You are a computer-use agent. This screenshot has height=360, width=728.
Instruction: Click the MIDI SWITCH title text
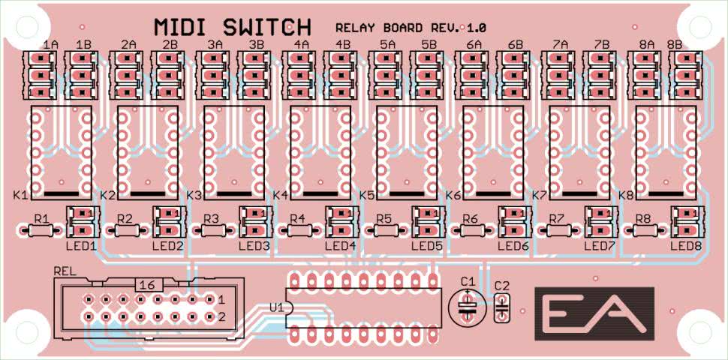pos(232,27)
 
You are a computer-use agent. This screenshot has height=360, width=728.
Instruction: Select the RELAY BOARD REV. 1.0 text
pos(411,28)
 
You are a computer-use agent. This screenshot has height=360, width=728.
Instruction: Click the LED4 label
pos(340,245)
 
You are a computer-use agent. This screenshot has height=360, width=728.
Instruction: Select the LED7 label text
pos(599,245)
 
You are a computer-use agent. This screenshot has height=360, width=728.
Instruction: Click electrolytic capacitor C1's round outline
pos(468,305)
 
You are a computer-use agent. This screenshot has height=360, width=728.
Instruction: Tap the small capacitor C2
pos(502,306)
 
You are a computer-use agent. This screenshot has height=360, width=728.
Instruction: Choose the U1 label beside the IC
pos(275,307)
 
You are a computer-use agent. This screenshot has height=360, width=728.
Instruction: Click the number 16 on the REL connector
pos(148,285)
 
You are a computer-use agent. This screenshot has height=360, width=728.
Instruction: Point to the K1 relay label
pos(20,196)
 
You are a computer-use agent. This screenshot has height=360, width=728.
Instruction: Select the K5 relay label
pos(367,196)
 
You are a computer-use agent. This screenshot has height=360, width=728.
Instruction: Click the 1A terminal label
pos(50,44)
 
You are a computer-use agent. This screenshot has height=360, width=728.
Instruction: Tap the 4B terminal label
pos(343,44)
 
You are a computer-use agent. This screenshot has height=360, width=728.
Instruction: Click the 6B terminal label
pos(516,44)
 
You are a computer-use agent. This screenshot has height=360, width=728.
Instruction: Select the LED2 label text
pos(167,245)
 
